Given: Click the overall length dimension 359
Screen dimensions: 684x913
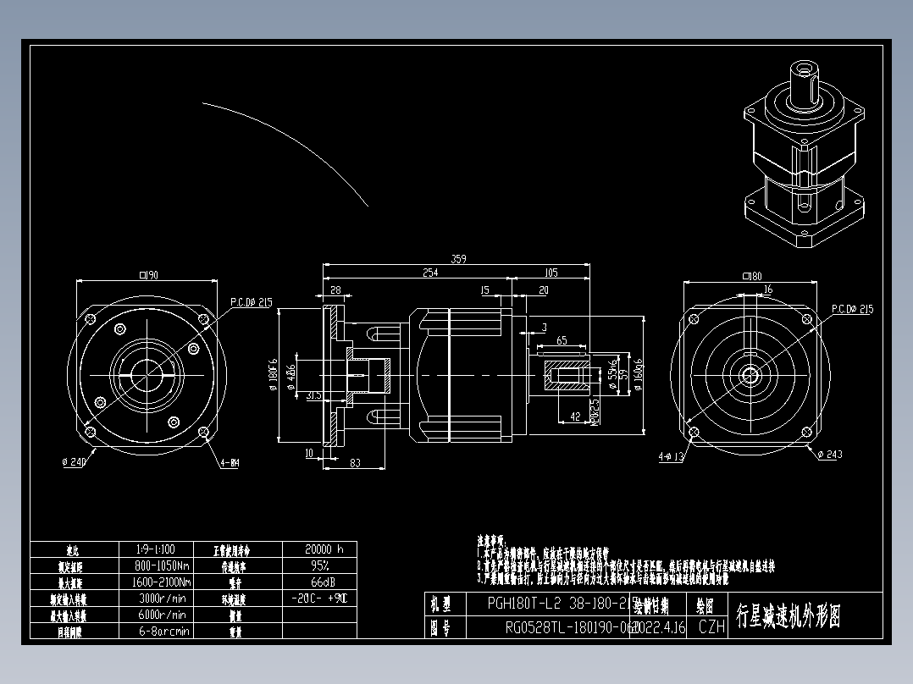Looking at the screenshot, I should [x=458, y=259].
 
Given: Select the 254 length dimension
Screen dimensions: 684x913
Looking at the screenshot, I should [x=431, y=273].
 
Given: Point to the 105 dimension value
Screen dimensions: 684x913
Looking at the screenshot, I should [x=551, y=273].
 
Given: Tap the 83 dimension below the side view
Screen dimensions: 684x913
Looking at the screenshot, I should [x=354, y=462].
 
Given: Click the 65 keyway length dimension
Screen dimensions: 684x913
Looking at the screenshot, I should [x=562, y=340].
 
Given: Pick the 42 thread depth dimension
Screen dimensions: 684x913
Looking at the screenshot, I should [x=575, y=416].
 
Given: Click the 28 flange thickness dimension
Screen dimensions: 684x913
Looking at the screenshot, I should [x=335, y=290].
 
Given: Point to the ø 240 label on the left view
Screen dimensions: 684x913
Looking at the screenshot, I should [x=75, y=462].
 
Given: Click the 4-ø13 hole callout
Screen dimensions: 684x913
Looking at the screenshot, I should [x=671, y=457].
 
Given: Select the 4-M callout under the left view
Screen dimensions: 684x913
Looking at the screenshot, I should [x=230, y=463].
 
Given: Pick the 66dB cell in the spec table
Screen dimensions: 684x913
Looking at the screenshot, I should [x=319, y=582].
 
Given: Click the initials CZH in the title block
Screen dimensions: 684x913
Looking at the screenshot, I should [x=711, y=627].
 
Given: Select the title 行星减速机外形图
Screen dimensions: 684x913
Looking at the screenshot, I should [x=788, y=616].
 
